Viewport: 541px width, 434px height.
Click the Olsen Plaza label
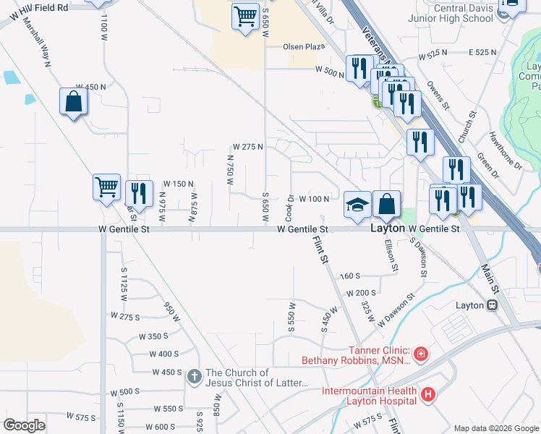(x=304, y=46)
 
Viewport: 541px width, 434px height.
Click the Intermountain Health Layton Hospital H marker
(x=429, y=395)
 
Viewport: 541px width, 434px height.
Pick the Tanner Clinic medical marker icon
(x=420, y=354)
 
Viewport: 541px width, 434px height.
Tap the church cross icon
(x=194, y=377)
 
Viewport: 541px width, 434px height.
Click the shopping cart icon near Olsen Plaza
(x=246, y=16)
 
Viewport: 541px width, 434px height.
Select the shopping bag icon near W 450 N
(x=74, y=103)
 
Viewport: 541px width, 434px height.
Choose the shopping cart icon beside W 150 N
(x=107, y=187)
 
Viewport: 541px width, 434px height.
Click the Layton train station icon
(x=493, y=305)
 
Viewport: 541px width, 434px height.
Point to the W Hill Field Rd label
(x=34, y=8)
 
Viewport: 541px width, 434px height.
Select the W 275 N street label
(x=247, y=147)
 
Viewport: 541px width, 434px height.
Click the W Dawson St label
(x=396, y=307)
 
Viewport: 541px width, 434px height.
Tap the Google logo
(x=25, y=425)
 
